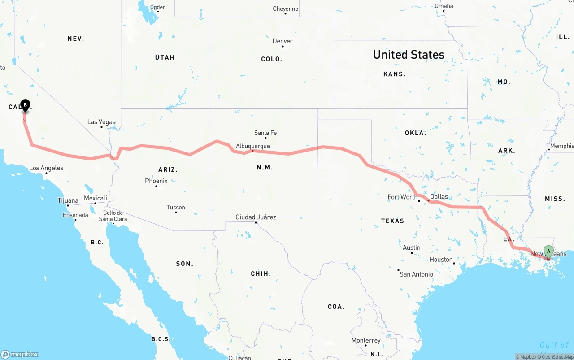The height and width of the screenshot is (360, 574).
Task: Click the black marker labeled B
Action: pos(25,106)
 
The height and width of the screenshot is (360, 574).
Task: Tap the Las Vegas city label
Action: pos(101,122)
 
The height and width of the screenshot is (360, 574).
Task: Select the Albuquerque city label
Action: pos(253,146)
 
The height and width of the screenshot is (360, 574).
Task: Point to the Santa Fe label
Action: pos(265,133)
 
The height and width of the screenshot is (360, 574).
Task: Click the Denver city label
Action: pos(283,41)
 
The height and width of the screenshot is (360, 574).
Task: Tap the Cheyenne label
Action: pos(285,9)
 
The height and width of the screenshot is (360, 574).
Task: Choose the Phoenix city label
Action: pos(156,181)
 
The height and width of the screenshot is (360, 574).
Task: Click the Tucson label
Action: pos(176,208)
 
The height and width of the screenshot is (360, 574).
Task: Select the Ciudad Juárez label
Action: pos(256,217)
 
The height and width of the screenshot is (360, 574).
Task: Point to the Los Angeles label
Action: pos(46,168)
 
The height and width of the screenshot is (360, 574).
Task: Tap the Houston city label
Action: pos(441,260)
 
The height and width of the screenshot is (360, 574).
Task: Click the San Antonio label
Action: pos(416,274)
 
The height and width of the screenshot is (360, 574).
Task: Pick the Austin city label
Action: pos(412,247)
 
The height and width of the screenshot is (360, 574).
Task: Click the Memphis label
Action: pos(561,146)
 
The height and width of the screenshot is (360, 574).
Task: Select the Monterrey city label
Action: pos(366,340)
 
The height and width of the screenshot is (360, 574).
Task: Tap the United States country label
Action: pos(409,55)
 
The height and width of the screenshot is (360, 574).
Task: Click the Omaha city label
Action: pos(444,6)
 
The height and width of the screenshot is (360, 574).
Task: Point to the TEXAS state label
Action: pos(392,221)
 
